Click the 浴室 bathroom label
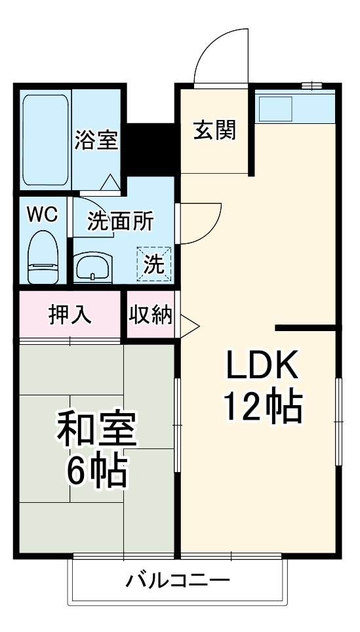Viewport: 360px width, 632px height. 96,140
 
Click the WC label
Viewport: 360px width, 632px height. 43,214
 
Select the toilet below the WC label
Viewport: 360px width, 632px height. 44,260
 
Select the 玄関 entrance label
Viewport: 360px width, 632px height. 214,130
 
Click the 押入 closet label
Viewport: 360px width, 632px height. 70,315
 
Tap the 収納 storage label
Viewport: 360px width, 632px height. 150,315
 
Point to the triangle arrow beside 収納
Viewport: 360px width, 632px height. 189,323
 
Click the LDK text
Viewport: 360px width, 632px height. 262,366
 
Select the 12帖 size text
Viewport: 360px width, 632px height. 262,407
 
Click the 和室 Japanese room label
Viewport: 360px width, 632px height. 96,429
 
